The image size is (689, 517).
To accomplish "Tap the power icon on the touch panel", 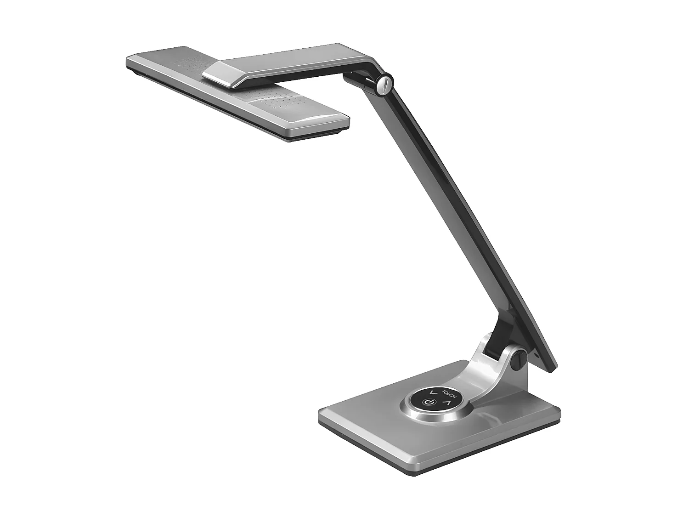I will tap(428, 403).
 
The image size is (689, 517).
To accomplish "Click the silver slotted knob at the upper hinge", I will tap(385, 82).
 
